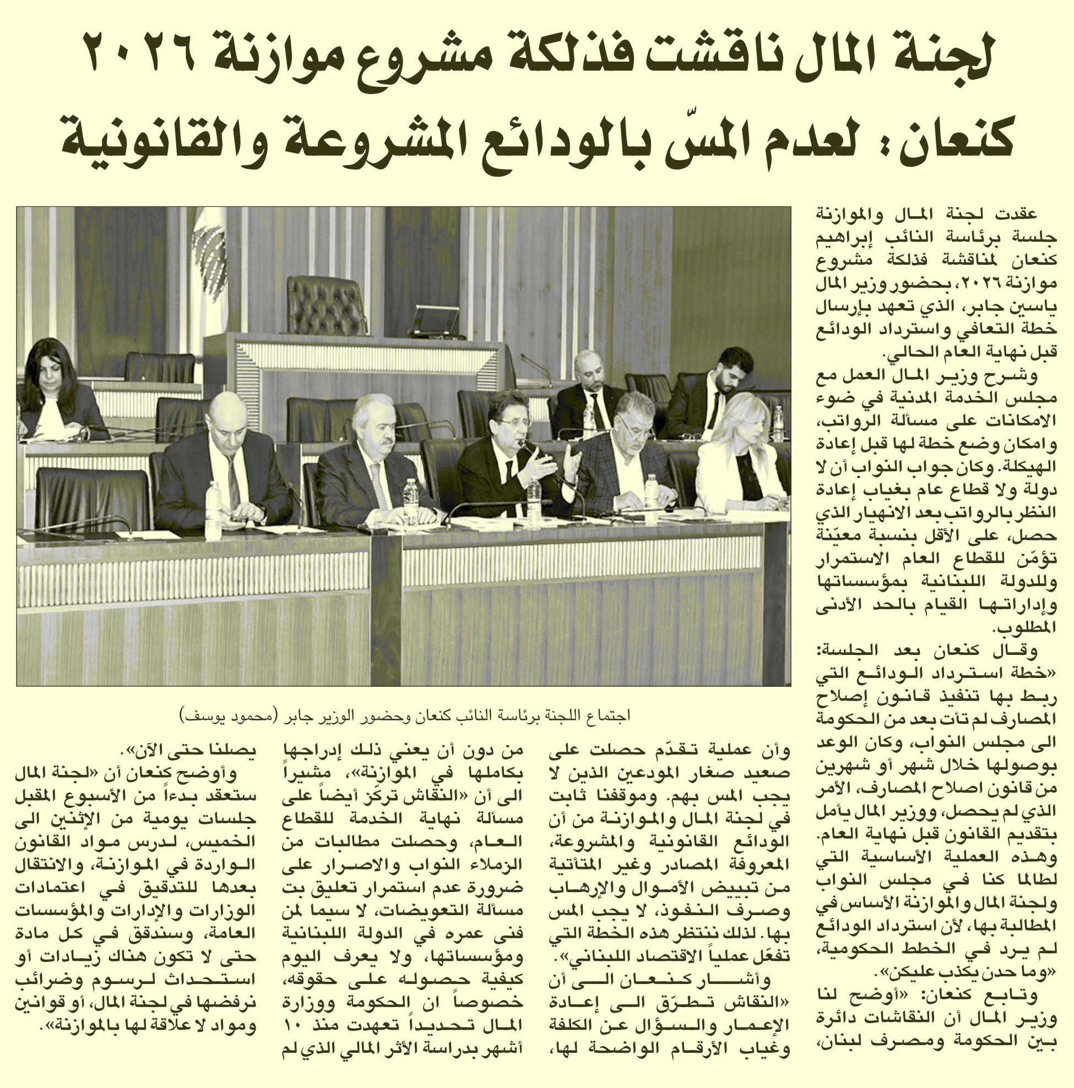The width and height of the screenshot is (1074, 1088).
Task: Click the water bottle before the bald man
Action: pyautogui.click(x=214, y=510)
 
